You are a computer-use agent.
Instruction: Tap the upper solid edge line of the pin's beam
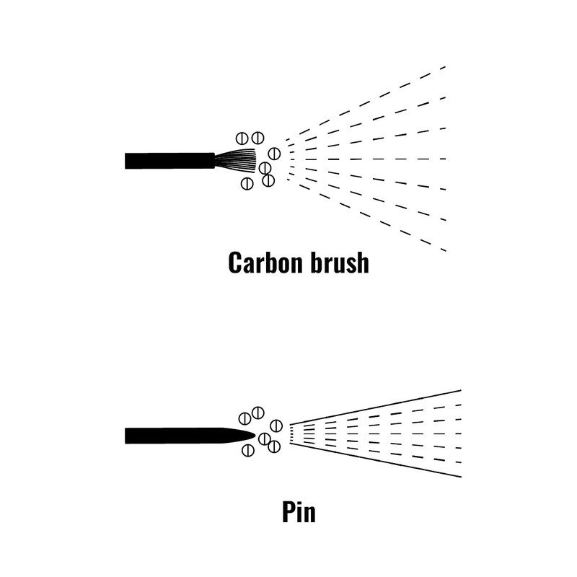click(x=375, y=407)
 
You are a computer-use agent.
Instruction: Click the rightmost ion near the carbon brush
click(x=274, y=153)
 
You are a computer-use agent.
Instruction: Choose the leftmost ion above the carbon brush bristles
click(x=243, y=138)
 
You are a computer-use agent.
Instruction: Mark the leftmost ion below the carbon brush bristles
click(x=246, y=182)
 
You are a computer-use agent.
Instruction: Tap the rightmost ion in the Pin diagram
click(x=276, y=426)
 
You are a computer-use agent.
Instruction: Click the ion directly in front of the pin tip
click(x=264, y=438)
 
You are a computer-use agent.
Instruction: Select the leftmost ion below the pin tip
click(x=247, y=451)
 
